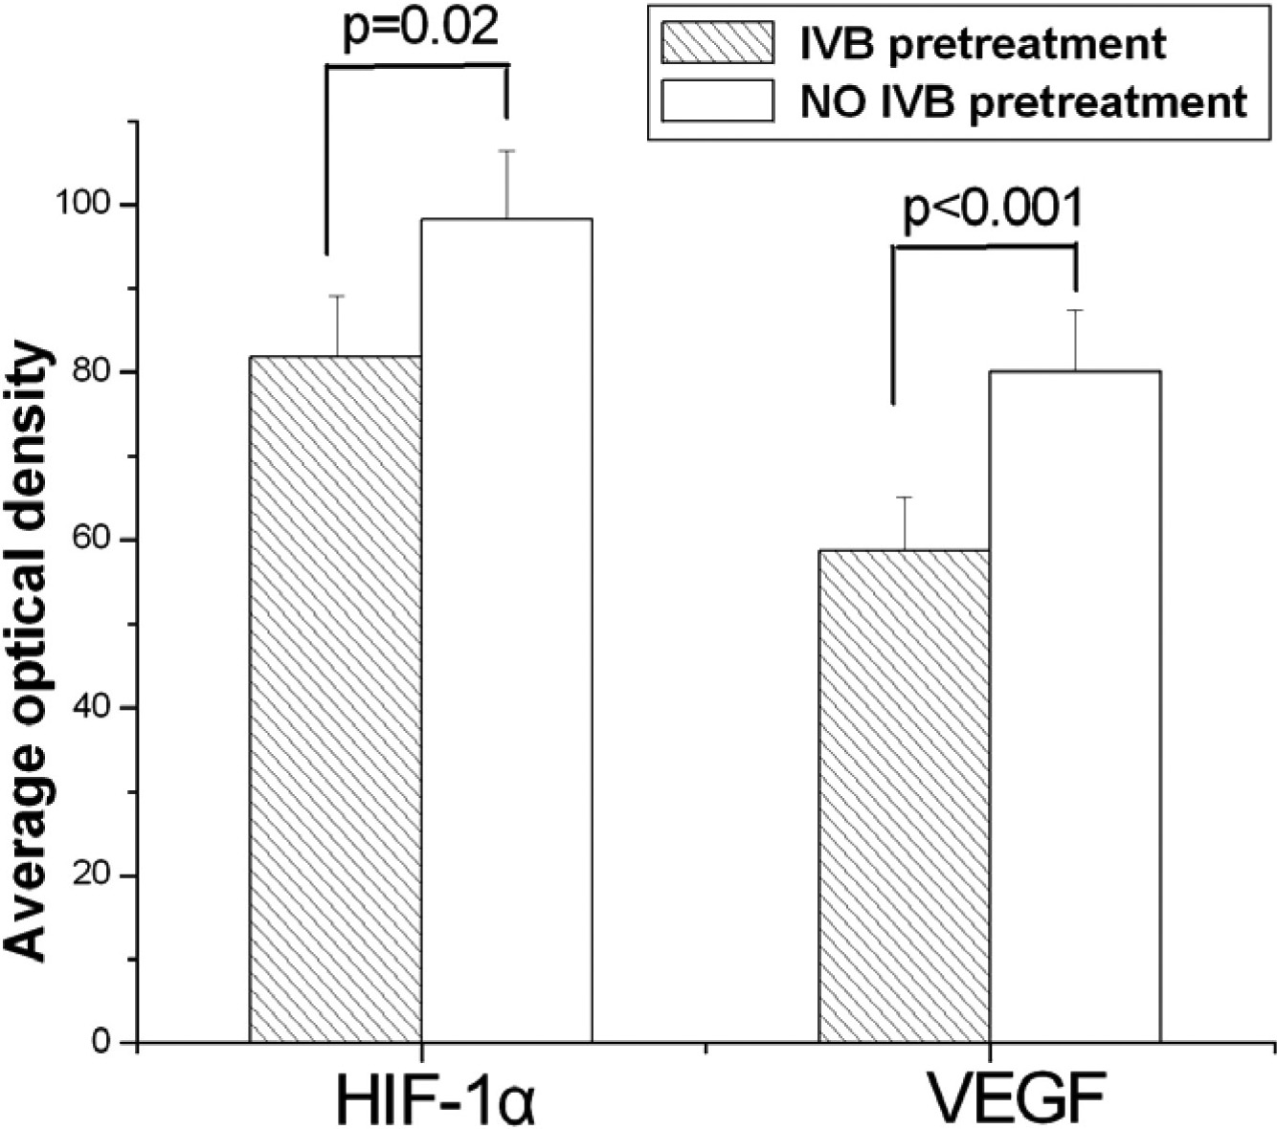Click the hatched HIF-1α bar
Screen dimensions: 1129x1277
[x=335, y=698]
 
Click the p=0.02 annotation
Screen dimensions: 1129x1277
[x=420, y=29]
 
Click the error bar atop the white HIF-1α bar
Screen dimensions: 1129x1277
[x=506, y=184]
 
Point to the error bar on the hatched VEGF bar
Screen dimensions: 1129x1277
[x=904, y=522]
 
